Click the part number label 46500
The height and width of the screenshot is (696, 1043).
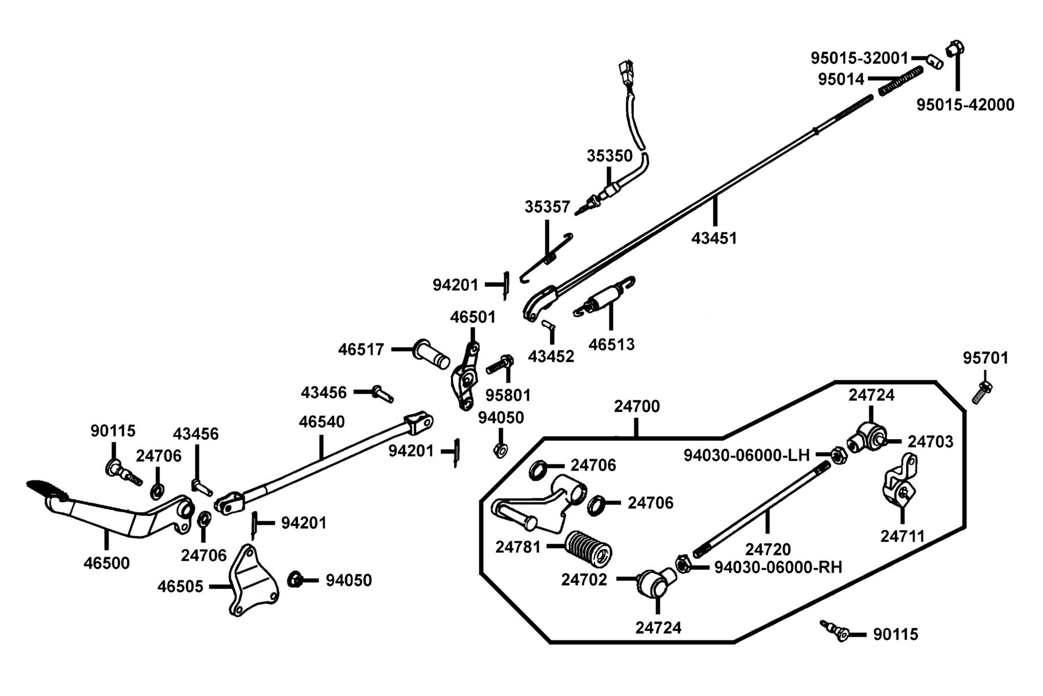point(107,563)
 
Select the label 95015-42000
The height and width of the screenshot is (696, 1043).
point(965,105)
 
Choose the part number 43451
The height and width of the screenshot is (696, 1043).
point(714,238)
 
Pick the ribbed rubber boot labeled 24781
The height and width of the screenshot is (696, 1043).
point(588,548)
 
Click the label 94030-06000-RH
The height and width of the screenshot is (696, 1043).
point(778,567)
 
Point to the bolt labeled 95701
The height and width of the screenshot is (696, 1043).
point(982,393)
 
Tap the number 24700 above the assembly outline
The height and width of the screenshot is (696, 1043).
point(637,407)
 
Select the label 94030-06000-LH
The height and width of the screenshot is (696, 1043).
point(746,455)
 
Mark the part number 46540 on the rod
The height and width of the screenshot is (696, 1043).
point(322,422)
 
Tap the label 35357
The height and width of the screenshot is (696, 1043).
point(548,207)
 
